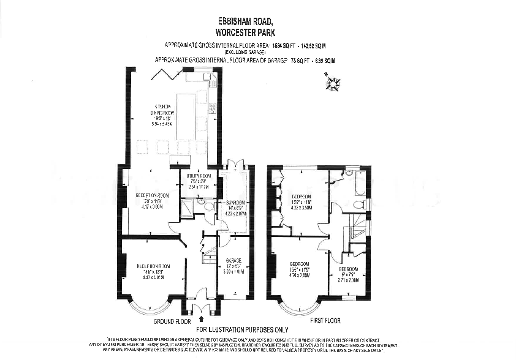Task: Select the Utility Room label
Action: click(x=197, y=178)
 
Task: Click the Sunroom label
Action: click(x=235, y=206)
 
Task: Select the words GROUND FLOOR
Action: click(x=172, y=321)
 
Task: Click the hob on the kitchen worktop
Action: click(x=212, y=108)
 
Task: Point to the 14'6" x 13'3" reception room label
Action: click(x=150, y=271)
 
